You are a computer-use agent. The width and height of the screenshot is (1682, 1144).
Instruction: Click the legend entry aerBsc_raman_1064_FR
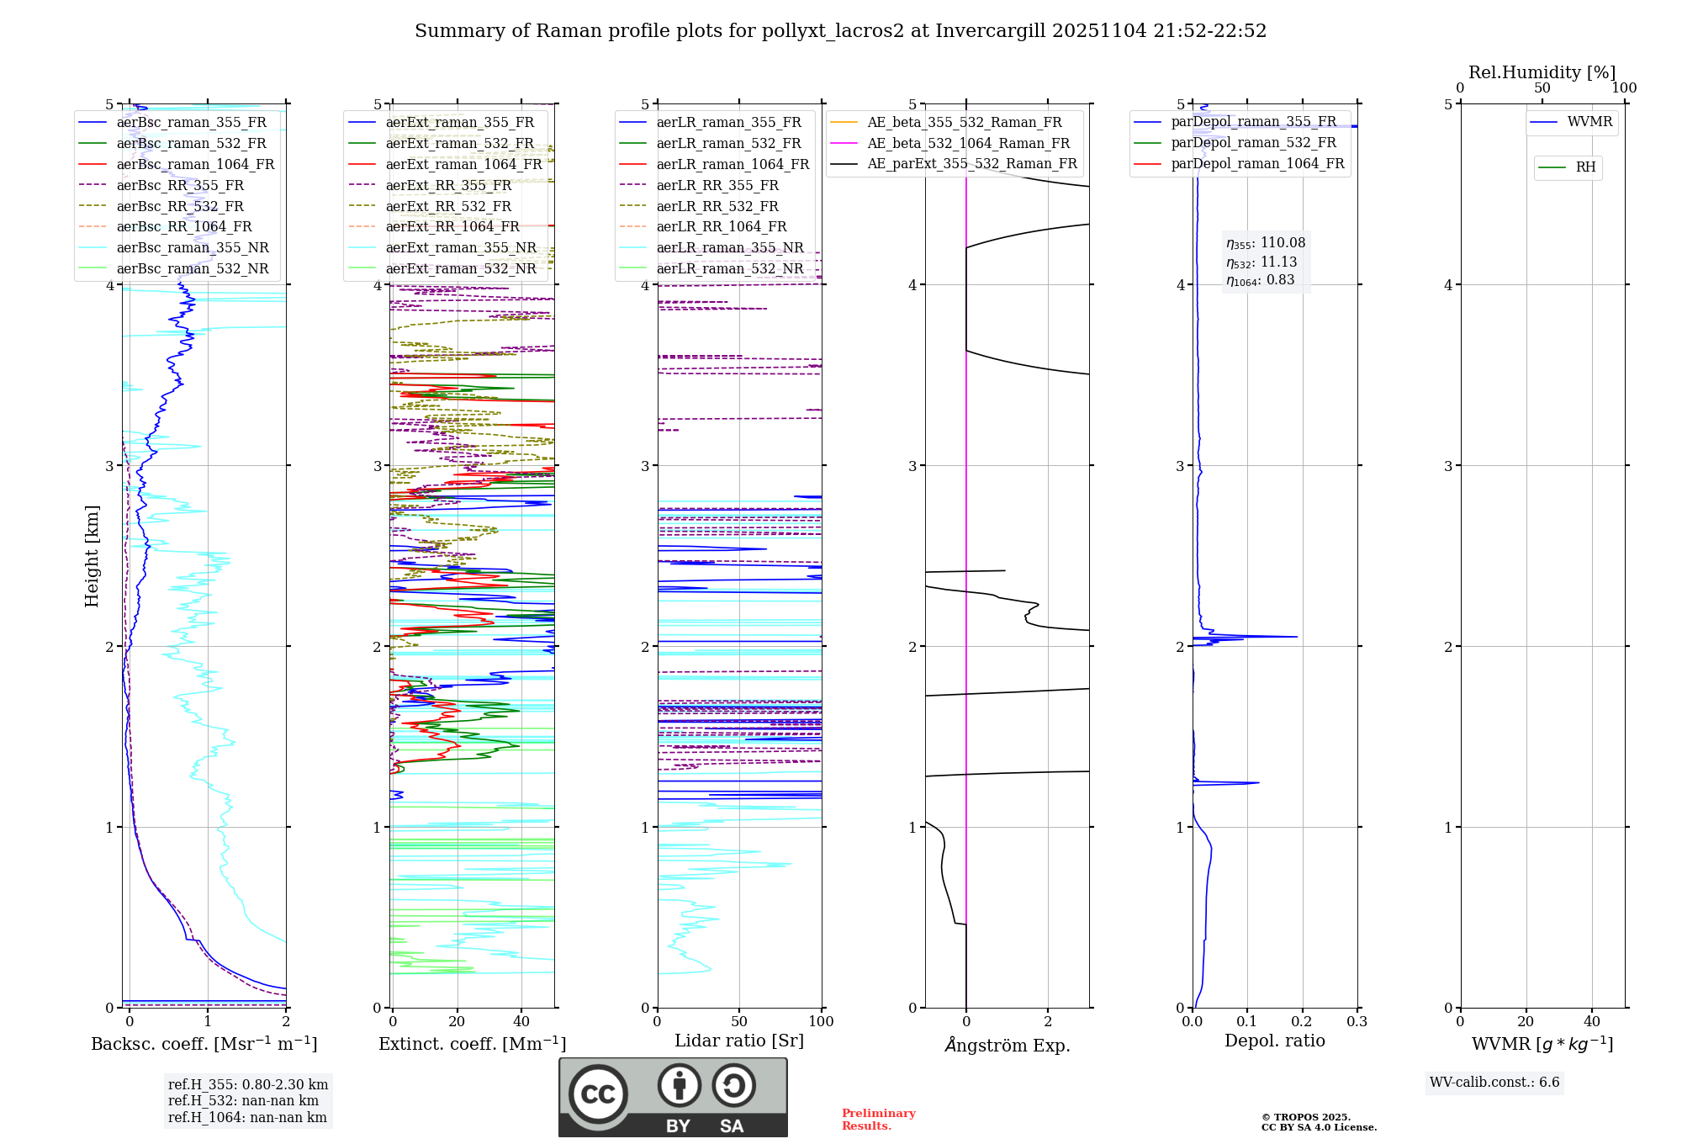tap(195, 164)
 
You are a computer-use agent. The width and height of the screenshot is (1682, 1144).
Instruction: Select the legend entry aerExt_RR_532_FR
tap(448, 206)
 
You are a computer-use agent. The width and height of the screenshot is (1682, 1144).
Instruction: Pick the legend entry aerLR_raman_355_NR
tap(729, 247)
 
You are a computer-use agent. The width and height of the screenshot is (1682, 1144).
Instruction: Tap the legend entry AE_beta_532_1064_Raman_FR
tap(968, 143)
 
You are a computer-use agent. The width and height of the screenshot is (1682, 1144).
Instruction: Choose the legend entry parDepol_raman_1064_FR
tap(1257, 163)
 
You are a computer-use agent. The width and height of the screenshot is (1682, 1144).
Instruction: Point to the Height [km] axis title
tap(92, 556)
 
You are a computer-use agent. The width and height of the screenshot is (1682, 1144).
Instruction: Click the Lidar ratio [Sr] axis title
tap(739, 1041)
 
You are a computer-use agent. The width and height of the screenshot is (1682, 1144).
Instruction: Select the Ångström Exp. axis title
tap(1008, 1045)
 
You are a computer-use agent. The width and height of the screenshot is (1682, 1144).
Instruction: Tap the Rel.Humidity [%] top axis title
tap(1542, 72)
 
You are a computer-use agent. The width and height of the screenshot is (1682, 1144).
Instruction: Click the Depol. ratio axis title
tap(1274, 1041)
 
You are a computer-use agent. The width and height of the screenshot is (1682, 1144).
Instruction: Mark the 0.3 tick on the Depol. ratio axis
tap(1357, 1021)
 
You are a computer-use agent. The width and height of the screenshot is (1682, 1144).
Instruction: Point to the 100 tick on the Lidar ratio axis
tap(821, 1021)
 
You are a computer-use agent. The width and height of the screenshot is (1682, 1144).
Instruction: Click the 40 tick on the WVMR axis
tap(1592, 1021)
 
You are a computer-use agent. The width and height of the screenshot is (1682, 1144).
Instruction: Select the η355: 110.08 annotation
tap(1266, 243)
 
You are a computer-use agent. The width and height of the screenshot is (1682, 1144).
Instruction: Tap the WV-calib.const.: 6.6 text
tap(1494, 1083)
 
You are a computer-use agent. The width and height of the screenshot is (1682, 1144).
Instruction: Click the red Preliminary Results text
tap(878, 1120)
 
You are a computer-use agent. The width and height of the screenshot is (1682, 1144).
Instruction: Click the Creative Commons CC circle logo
tap(598, 1094)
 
